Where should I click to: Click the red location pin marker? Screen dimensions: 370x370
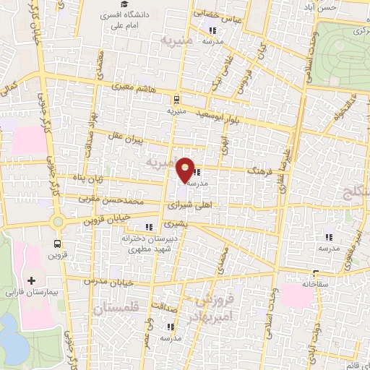coord(186,169)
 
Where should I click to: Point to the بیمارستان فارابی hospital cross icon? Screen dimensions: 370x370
coord(30,280)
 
